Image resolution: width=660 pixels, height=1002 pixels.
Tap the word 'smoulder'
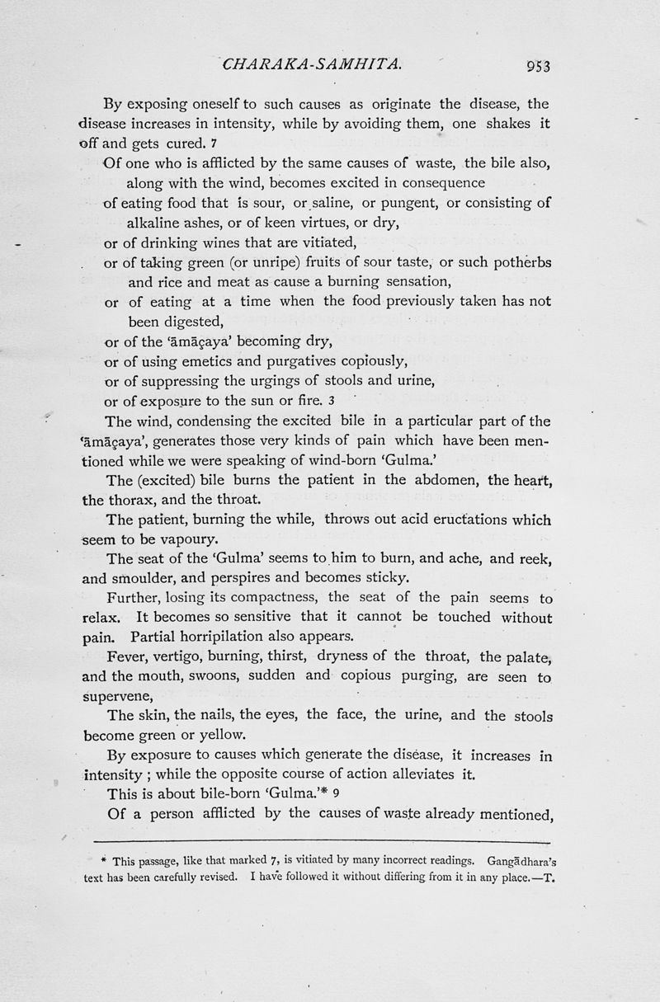pos(149,578)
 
